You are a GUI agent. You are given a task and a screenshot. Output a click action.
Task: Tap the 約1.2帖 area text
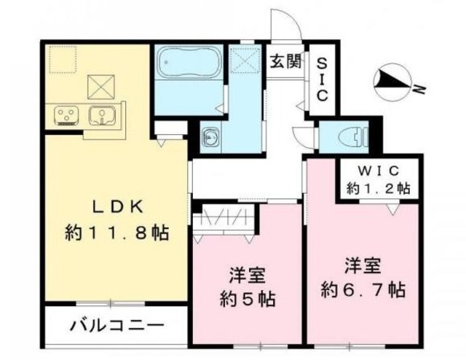(377, 188)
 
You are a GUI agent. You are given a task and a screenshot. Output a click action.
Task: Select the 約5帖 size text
(247, 299)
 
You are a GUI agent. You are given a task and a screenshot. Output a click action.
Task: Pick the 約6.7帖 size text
(365, 289)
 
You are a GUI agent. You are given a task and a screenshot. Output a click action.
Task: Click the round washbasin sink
(210, 136)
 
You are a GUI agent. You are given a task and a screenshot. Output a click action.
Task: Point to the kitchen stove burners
(66, 114)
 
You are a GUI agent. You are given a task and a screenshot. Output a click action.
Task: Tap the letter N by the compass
(419, 89)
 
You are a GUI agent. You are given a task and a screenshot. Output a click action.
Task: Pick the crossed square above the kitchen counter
(98, 87)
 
